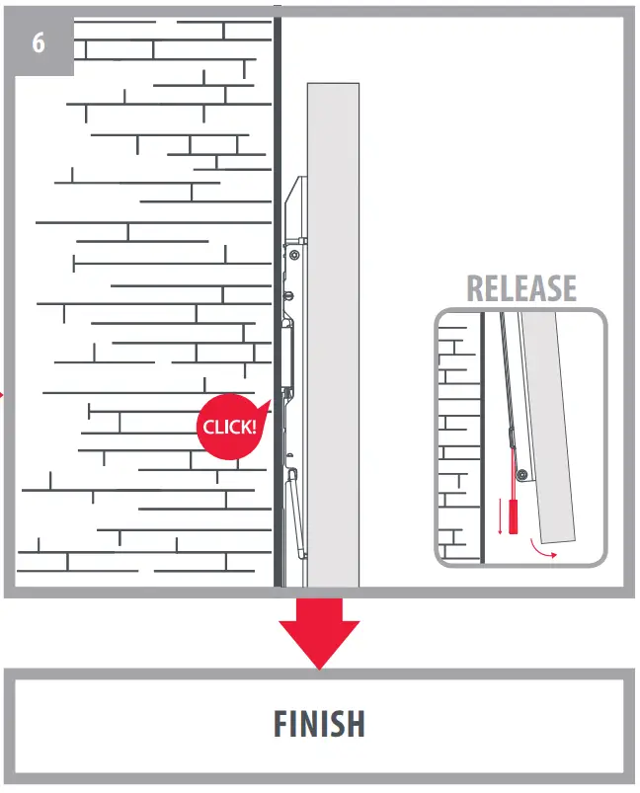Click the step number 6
click(39, 42)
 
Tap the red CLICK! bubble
click(229, 428)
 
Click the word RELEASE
click(520, 288)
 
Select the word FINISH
click(319, 724)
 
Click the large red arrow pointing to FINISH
click(319, 632)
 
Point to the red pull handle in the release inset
click(514, 516)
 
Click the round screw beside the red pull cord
click(520, 475)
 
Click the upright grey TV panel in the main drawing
click(333, 326)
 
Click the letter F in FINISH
click(282, 724)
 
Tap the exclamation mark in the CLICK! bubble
click(254, 426)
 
